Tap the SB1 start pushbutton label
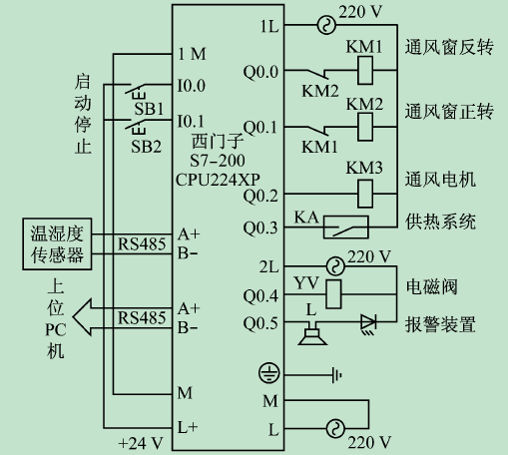point(149,109)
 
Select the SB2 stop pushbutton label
point(146,147)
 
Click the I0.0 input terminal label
point(192,86)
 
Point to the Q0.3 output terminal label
point(260,227)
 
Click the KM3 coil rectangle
point(365,194)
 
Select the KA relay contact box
point(346,227)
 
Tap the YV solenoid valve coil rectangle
point(333,294)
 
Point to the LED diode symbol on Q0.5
point(368,323)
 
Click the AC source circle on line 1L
point(326,25)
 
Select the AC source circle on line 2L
point(335,266)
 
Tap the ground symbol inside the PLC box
point(268,373)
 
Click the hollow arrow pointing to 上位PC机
point(82,317)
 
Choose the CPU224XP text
point(218,180)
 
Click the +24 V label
point(141,443)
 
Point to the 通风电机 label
point(440,180)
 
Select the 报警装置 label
point(440,324)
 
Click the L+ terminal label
point(188,427)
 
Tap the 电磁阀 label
point(431,286)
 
